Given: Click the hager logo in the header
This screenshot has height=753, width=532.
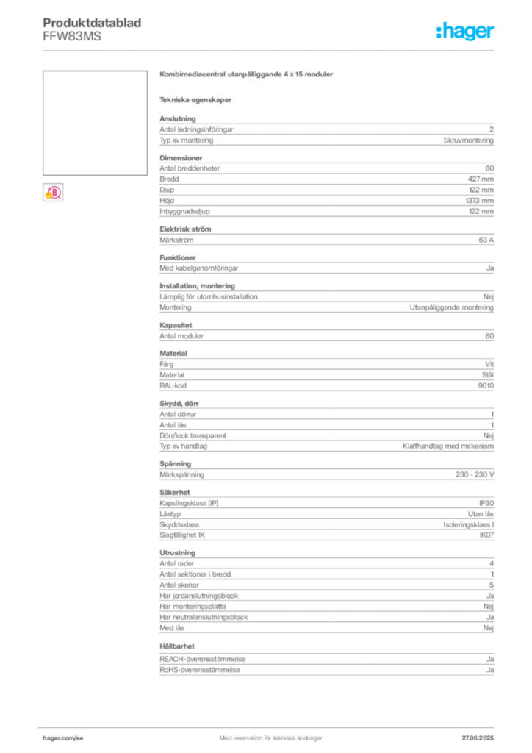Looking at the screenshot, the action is pyautogui.click(x=464, y=31).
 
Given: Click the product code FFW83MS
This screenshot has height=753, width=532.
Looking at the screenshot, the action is pyautogui.click(x=72, y=37).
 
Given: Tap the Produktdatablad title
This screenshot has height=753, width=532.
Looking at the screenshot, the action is pyautogui.click(x=92, y=23).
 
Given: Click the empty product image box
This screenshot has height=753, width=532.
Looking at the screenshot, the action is pyautogui.click(x=95, y=123).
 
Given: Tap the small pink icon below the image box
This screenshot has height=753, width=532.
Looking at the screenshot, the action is pyautogui.click(x=53, y=193).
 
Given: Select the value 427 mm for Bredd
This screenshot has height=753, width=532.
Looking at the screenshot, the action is pyautogui.click(x=481, y=179).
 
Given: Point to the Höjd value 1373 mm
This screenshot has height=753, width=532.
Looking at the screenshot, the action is pyautogui.click(x=479, y=201).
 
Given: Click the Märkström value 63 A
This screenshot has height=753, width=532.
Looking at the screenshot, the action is pyautogui.click(x=486, y=240).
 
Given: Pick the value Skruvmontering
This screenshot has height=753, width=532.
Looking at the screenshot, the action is pyautogui.click(x=468, y=140).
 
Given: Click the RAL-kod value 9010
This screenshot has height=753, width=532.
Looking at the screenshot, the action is pyautogui.click(x=486, y=385).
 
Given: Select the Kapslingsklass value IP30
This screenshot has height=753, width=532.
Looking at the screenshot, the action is pyautogui.click(x=486, y=503).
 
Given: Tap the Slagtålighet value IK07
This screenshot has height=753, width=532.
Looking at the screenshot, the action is pyautogui.click(x=486, y=535).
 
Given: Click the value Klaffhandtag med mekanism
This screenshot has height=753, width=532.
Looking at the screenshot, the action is pyautogui.click(x=448, y=446).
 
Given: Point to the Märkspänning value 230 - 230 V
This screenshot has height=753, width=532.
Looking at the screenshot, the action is pyautogui.click(x=475, y=474).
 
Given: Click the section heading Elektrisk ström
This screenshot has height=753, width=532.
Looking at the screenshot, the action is pyautogui.click(x=185, y=229).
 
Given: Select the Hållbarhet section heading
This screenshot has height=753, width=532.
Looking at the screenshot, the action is pyautogui.click(x=177, y=646).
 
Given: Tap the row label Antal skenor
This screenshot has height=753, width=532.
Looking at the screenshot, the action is pyautogui.click(x=179, y=585).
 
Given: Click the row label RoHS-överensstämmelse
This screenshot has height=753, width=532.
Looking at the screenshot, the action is pyautogui.click(x=200, y=670).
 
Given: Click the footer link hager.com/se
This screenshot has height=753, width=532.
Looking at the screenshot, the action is pyautogui.click(x=63, y=738).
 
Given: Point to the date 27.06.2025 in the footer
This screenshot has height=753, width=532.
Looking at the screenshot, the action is pyautogui.click(x=478, y=738).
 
